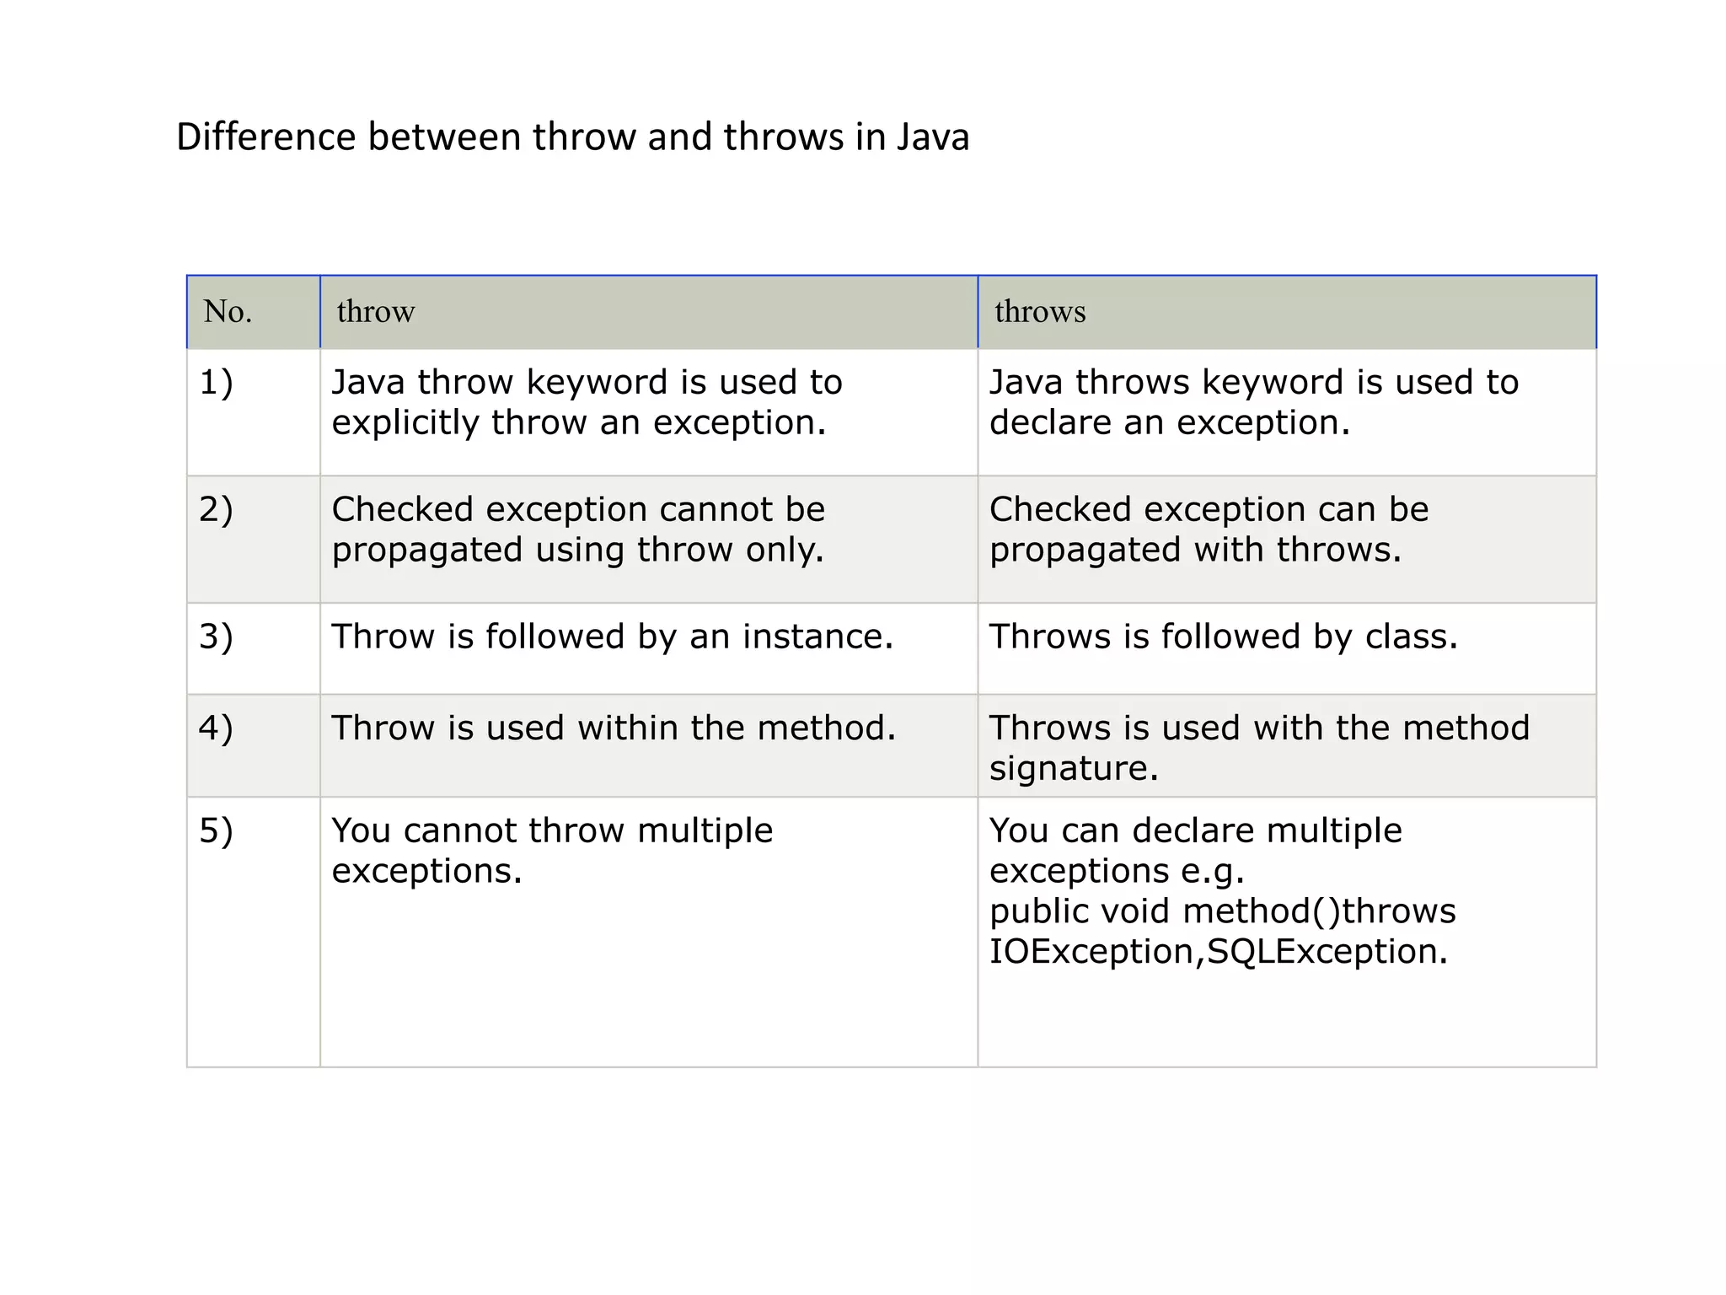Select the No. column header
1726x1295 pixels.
228,312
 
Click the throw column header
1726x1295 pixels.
376,312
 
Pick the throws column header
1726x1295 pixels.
1040,312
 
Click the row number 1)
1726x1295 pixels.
216,383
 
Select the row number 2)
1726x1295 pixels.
216,510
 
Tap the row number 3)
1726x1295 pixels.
216,637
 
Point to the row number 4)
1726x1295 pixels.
216,728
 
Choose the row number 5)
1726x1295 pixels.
216,831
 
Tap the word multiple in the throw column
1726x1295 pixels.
705,831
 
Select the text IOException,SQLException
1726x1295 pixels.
1218,952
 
